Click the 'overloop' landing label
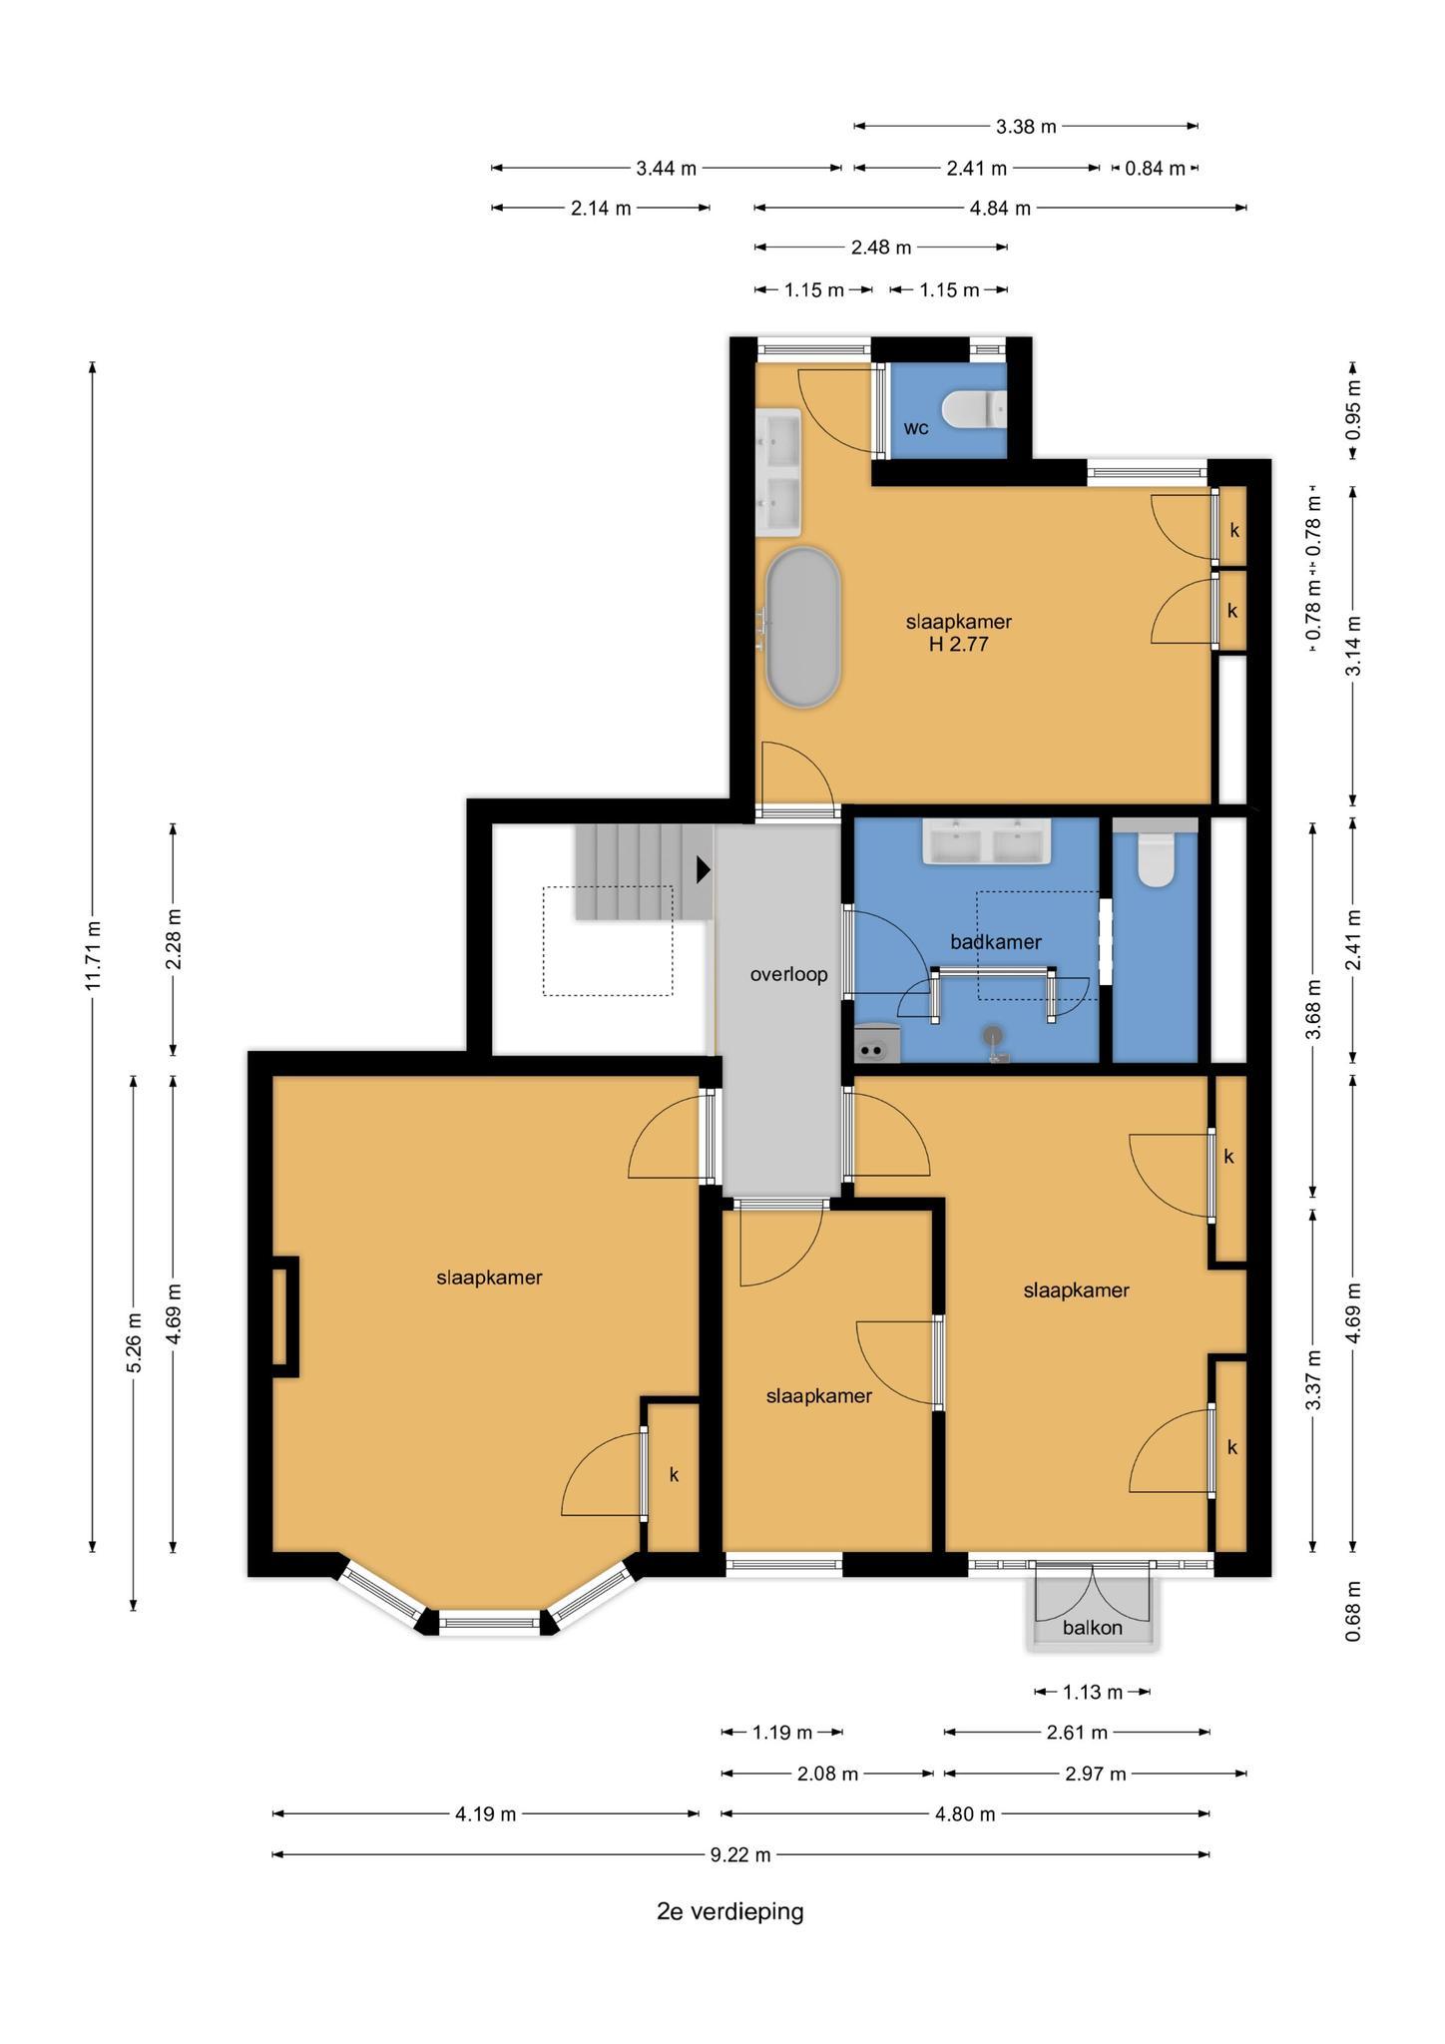pyautogui.click(x=788, y=974)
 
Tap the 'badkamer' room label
pyautogui.click(x=995, y=941)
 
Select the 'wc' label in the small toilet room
pyautogui.click(x=916, y=428)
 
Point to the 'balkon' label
pyautogui.click(x=1092, y=1627)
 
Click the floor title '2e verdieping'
pyautogui.click(x=729, y=1911)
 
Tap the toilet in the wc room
pyautogui.click(x=975, y=408)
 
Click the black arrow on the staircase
pyautogui.click(x=704, y=869)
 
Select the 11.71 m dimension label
pyautogui.click(x=94, y=955)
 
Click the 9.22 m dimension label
pyautogui.click(x=740, y=1854)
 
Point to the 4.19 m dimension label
pyautogui.click(x=486, y=1813)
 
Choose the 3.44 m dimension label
pyautogui.click(x=667, y=168)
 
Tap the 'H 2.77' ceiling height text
pyautogui.click(x=958, y=645)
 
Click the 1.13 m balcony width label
pyautogui.click(x=1092, y=1692)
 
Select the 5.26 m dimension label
pyautogui.click(x=134, y=1342)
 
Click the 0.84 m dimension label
pyautogui.click(x=1155, y=168)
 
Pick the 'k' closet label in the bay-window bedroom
pyautogui.click(x=674, y=1474)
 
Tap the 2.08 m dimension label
pyautogui.click(x=828, y=1774)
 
